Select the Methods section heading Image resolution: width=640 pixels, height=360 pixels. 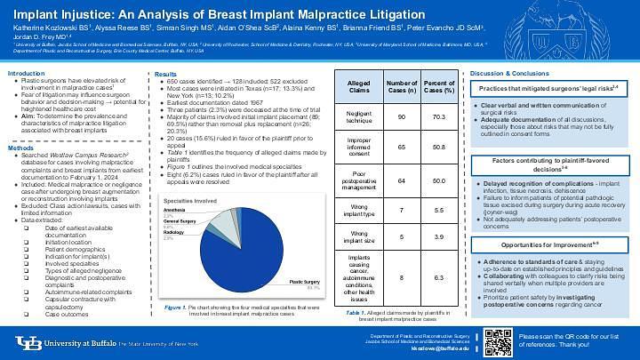tap(20, 147)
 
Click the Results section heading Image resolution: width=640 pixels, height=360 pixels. tap(165, 73)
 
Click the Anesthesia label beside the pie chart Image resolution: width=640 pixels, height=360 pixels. tap(175, 211)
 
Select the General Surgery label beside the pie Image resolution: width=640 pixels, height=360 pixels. tap(180, 220)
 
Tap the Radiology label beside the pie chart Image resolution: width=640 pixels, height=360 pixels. tap(174, 233)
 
